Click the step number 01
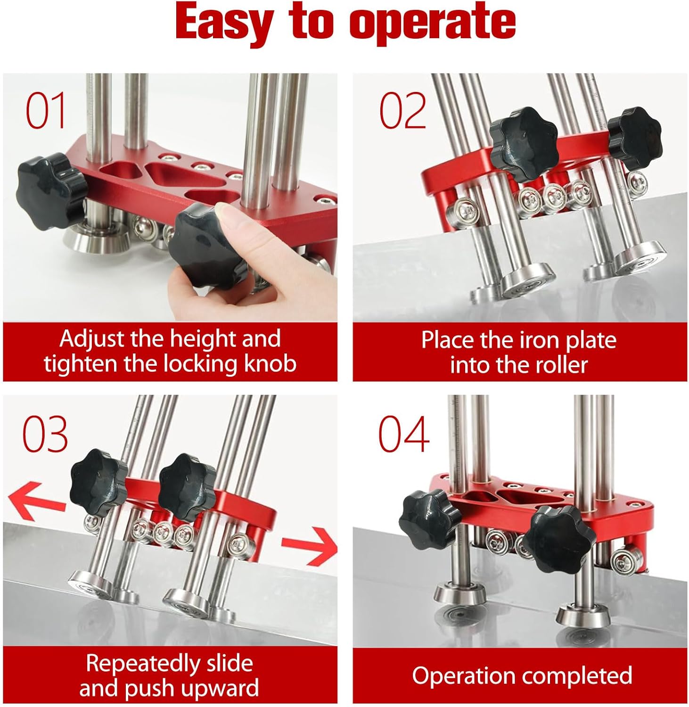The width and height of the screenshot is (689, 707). (46, 111)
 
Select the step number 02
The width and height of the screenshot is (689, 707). (402, 111)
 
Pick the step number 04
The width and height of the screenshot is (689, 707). (404, 434)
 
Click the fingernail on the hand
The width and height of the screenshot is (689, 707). (228, 218)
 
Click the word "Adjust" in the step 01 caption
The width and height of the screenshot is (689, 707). (92, 339)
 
